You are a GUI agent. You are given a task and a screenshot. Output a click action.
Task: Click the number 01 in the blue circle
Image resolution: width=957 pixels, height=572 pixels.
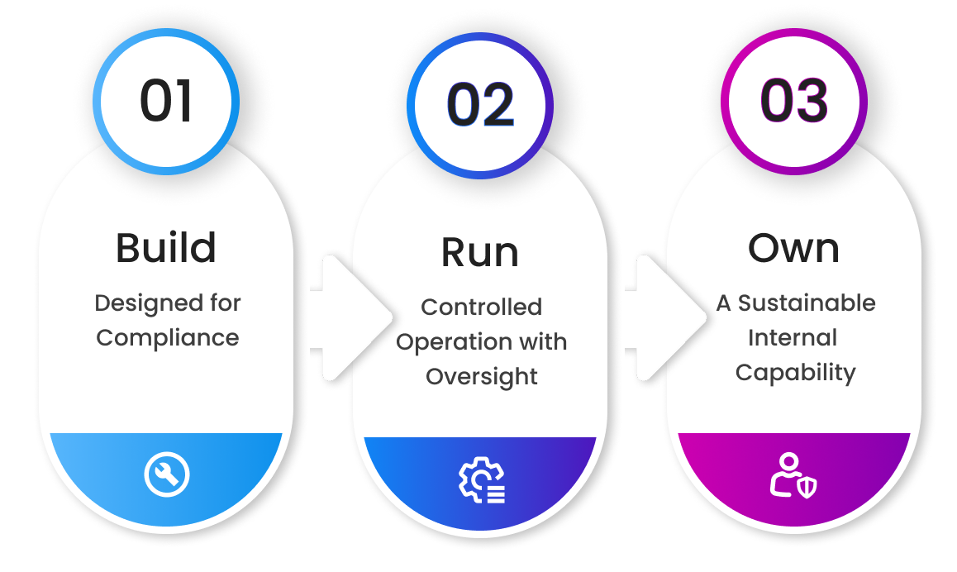click(x=165, y=101)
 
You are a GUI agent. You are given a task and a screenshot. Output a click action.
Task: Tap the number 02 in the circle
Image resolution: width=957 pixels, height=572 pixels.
click(x=480, y=106)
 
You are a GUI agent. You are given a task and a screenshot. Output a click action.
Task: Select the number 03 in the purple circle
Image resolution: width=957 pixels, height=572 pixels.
click(x=793, y=101)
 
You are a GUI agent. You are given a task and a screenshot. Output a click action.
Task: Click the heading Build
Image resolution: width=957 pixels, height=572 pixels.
click(x=166, y=247)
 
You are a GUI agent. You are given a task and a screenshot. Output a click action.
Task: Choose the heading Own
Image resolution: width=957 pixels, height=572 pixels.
click(x=793, y=247)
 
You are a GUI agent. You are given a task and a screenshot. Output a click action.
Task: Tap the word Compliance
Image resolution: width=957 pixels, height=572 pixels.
click(x=168, y=338)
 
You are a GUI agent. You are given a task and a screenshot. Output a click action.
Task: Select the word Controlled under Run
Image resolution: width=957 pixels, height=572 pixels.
click(x=481, y=307)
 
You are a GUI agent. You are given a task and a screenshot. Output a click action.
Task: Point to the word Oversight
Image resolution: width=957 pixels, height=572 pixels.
click(x=481, y=376)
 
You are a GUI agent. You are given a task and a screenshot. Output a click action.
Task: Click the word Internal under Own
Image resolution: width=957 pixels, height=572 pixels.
click(x=793, y=338)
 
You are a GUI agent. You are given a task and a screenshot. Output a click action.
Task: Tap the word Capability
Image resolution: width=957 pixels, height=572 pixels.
click(x=795, y=373)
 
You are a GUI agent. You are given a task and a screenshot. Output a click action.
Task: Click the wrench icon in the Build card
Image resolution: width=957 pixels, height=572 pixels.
click(x=167, y=474)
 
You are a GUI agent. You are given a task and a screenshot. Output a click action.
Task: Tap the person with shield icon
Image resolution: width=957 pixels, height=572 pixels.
click(x=793, y=475)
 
